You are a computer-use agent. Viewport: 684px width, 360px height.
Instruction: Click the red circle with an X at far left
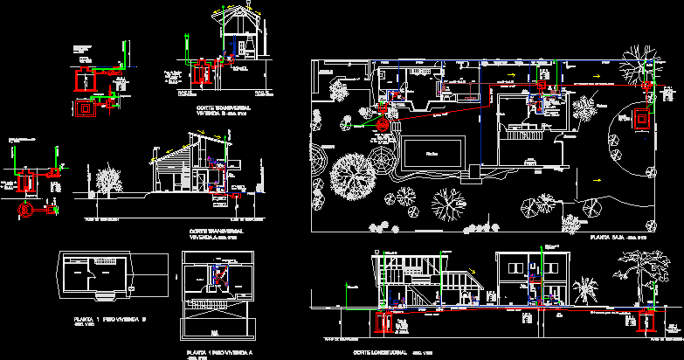(26, 209)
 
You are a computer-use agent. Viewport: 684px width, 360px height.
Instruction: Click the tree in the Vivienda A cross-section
(109, 182)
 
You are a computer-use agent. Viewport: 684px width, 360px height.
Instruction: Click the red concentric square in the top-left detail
(86, 109)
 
